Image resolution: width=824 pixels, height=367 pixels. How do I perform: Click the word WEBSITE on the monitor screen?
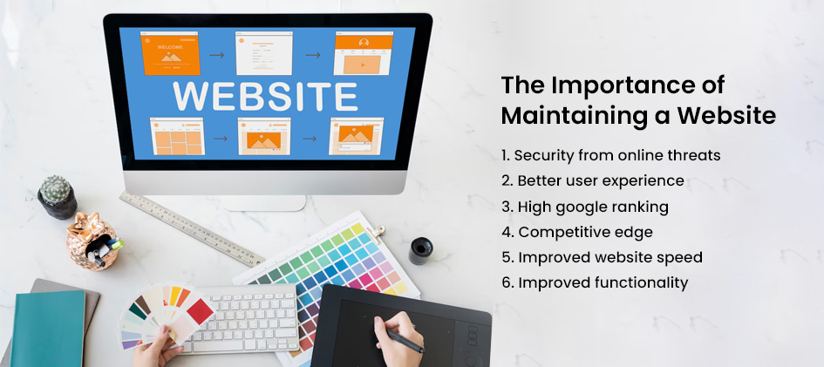tap(265, 97)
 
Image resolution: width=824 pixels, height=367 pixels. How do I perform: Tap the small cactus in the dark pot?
tap(56, 189)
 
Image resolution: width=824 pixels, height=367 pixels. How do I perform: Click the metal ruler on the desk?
tap(191, 228)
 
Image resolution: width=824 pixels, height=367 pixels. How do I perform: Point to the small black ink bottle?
tap(421, 250)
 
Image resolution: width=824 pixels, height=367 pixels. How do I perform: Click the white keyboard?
tap(239, 316)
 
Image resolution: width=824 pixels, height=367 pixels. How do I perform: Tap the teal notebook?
tap(48, 329)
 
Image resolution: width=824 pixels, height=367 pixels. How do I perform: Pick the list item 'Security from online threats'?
tap(610, 155)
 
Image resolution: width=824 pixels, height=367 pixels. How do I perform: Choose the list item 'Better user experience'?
tap(593, 180)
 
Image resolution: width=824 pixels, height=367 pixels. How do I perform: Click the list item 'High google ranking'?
tap(585, 207)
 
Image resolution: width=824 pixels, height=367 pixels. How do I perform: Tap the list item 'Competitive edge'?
tap(577, 232)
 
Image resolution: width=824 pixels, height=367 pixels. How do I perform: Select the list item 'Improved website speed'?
tap(602, 257)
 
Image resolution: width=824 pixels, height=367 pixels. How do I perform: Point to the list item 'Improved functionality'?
tap(595, 282)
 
